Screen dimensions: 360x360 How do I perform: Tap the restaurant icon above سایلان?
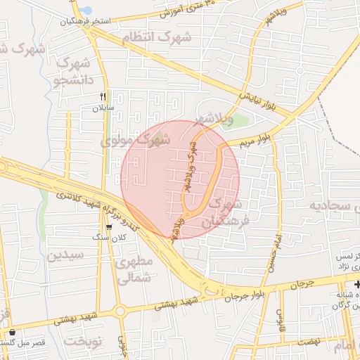tap(103, 96)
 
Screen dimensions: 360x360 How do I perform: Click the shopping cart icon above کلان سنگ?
tap(109, 227)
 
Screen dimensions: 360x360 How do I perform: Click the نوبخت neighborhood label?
tap(84, 342)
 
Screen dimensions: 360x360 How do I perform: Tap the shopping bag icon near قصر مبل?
tap(13, 333)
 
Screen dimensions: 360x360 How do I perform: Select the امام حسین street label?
tap(274, 252)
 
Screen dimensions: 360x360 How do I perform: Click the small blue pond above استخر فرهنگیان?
tap(86, 11)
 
